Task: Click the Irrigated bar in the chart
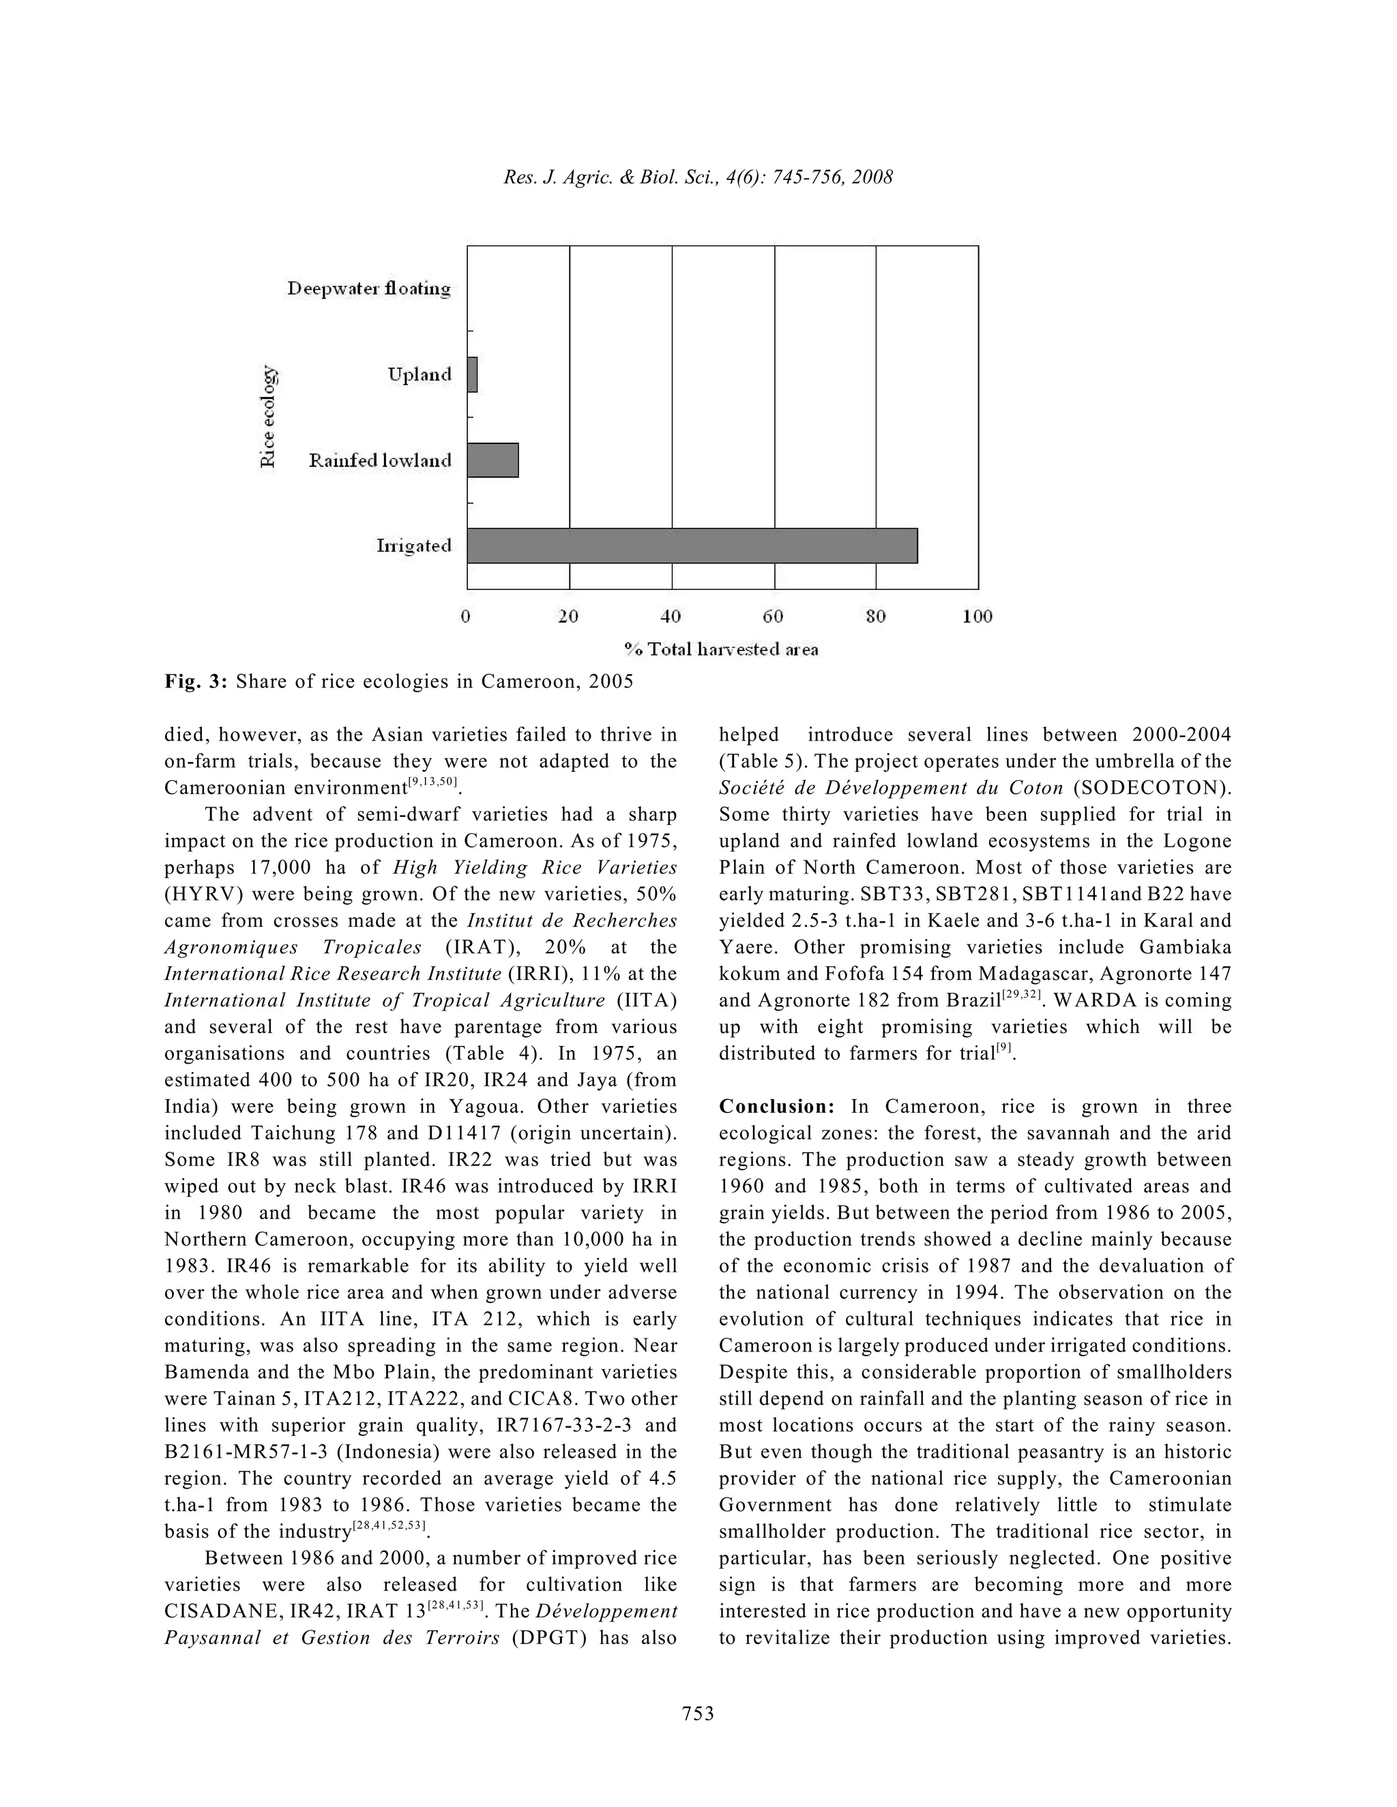(x=692, y=546)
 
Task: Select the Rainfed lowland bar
(x=493, y=460)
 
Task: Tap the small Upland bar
(x=473, y=375)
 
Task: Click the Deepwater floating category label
(x=369, y=288)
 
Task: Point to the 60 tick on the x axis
(x=773, y=616)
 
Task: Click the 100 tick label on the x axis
(x=977, y=616)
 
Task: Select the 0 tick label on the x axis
(x=466, y=616)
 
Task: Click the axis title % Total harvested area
(x=721, y=649)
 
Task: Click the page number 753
(x=698, y=1713)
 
